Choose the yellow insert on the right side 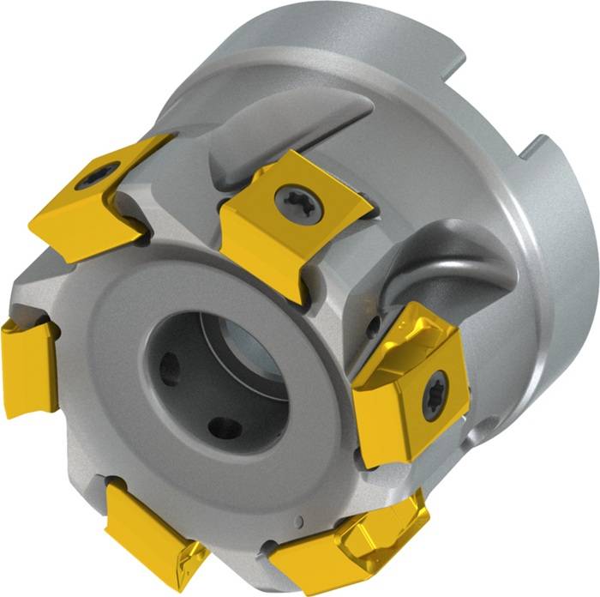point(411,386)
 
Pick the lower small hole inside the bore point(225,426)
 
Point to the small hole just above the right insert point(374,326)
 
